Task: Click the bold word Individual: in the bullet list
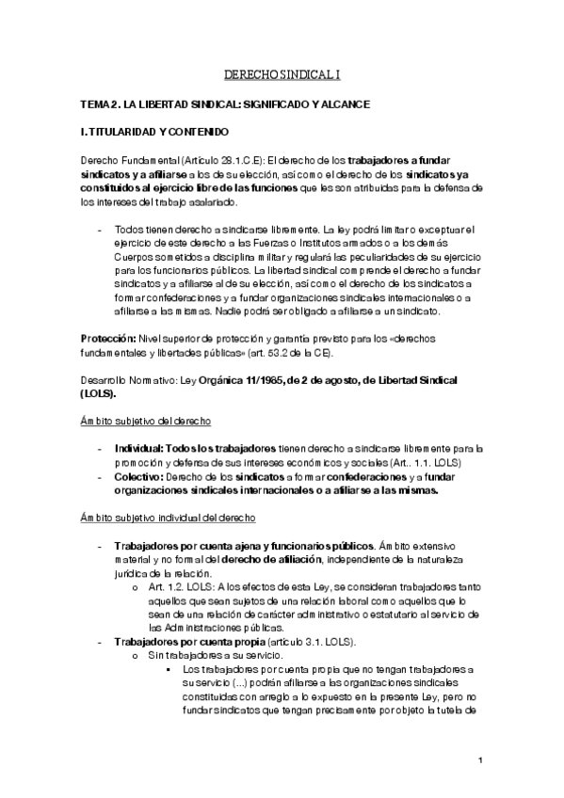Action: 141,449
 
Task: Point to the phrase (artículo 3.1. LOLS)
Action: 306,641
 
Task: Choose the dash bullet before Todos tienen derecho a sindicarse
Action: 100,229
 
